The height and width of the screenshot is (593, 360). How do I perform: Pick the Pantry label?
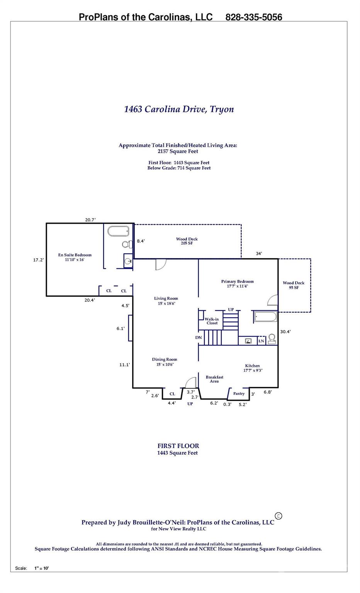[x=239, y=393]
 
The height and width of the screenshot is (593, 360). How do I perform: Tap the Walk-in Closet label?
[x=212, y=321]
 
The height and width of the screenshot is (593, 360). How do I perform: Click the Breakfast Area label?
[x=214, y=379]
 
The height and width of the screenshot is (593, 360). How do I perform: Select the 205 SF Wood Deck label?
[x=187, y=241]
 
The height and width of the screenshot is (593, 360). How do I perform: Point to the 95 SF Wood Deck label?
[x=294, y=285]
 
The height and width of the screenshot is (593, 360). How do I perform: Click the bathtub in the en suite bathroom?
[x=118, y=231]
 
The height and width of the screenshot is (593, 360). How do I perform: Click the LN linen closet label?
[x=261, y=341]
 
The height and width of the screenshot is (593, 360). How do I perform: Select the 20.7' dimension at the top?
[x=90, y=220]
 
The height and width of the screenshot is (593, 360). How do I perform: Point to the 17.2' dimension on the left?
[x=38, y=260]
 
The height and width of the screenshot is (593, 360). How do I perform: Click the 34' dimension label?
[x=259, y=253]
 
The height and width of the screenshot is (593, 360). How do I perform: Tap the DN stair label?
[x=199, y=337]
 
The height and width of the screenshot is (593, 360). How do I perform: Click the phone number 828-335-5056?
[x=253, y=17]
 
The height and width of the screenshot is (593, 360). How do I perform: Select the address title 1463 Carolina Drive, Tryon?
[x=179, y=109]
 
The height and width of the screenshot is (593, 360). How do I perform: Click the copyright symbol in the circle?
[x=278, y=516]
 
